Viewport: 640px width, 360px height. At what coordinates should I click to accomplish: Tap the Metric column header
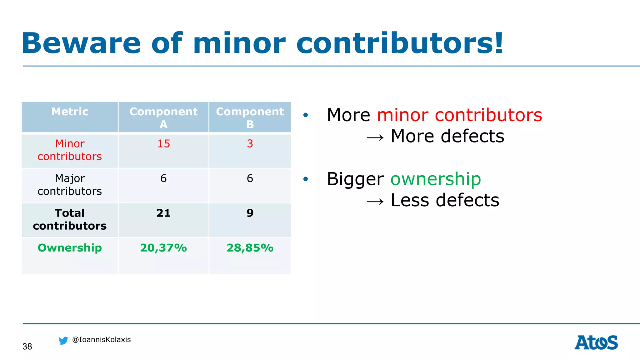(x=70, y=112)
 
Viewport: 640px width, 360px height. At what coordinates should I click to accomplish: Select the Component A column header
(x=163, y=117)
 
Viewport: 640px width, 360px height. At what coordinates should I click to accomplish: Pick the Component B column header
(x=250, y=117)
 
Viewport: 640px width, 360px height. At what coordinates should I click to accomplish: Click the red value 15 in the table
(x=163, y=144)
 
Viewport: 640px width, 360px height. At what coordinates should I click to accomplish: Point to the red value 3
(x=250, y=144)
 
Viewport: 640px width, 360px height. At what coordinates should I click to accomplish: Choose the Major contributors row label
(x=70, y=185)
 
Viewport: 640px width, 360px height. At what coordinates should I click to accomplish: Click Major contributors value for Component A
(x=163, y=178)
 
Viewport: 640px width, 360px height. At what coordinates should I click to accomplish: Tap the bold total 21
(x=163, y=213)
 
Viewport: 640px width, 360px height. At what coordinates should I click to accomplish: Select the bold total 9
(x=250, y=213)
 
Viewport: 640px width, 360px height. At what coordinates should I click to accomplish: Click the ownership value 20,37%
(x=163, y=248)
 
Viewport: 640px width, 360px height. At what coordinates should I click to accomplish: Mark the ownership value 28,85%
(x=250, y=248)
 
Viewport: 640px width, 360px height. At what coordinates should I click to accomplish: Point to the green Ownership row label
(x=70, y=248)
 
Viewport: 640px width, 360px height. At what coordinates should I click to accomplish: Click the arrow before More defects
(x=375, y=138)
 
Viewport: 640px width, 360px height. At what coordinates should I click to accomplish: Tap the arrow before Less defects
(x=375, y=202)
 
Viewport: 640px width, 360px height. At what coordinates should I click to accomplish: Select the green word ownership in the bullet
(x=436, y=179)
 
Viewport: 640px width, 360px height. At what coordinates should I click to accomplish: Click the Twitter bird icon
(x=63, y=341)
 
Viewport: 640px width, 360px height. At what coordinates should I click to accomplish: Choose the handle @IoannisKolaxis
(x=101, y=340)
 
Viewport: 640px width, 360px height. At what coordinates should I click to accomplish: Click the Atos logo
(x=596, y=342)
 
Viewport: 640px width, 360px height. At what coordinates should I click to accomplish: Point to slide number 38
(x=27, y=347)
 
